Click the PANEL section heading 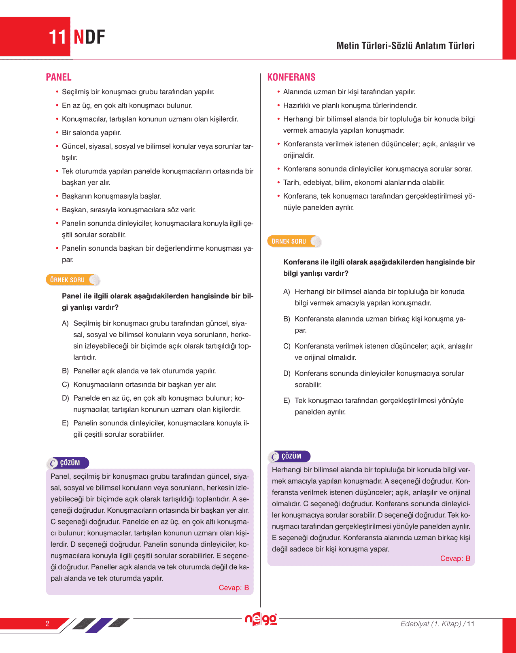pyautogui.click(x=59, y=77)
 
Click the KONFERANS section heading pyautogui.click(x=291, y=77)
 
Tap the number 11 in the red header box pyautogui.click(x=57, y=37)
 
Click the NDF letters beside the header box pyautogui.click(x=89, y=37)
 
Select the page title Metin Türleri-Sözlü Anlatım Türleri pyautogui.click(x=406, y=46)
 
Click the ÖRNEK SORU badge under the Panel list pyautogui.click(x=68, y=280)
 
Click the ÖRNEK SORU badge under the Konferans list pyautogui.click(x=289, y=241)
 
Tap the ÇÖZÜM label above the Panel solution pyautogui.click(x=70, y=463)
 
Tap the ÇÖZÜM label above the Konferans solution pyautogui.click(x=291, y=456)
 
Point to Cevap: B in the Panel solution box pyautogui.click(x=234, y=588)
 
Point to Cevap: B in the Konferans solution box pyautogui.click(x=455, y=559)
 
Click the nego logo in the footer pyautogui.click(x=261, y=619)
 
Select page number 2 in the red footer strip pyautogui.click(x=47, y=623)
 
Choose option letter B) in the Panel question pyautogui.click(x=65, y=371)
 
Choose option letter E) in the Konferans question pyautogui.click(x=287, y=401)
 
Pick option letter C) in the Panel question pyautogui.click(x=65, y=385)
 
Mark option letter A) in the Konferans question pyautogui.click(x=287, y=292)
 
